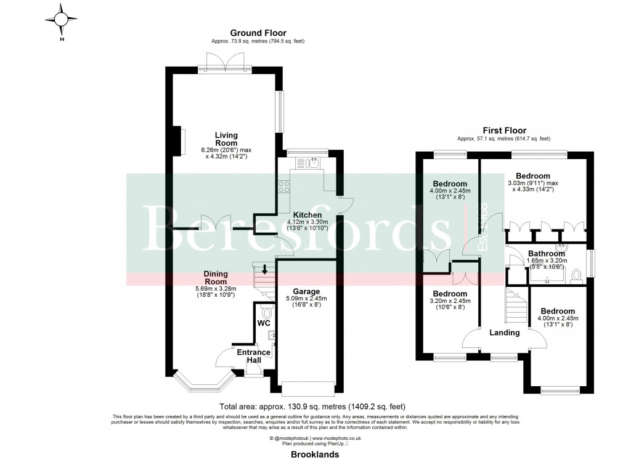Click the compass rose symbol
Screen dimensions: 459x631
pyautogui.click(x=62, y=20)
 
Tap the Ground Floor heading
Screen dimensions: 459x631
pyautogui.click(x=258, y=33)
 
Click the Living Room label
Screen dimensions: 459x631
pyautogui.click(x=226, y=139)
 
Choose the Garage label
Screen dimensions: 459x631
pyautogui.click(x=306, y=291)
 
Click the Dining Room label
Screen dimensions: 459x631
pyautogui.click(x=216, y=278)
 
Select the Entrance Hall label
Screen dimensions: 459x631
pyautogui.click(x=254, y=357)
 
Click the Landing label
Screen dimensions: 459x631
pyautogui.click(x=505, y=333)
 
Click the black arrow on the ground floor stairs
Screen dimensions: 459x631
pyautogui.click(x=265, y=269)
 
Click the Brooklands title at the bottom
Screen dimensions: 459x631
pyautogui.click(x=315, y=453)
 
